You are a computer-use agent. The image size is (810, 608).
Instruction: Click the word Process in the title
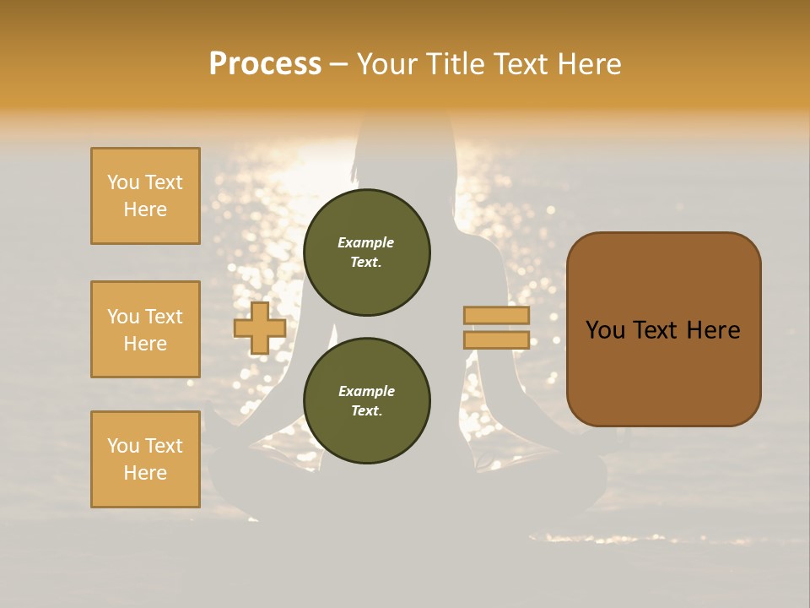[265, 64]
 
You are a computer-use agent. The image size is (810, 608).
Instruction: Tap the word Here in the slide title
[587, 64]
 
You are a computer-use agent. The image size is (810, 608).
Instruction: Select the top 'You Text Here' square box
[145, 196]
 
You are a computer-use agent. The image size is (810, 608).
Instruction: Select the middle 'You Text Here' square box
[145, 329]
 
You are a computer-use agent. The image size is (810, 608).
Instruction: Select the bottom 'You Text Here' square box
[145, 459]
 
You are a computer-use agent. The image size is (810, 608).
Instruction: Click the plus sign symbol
[260, 328]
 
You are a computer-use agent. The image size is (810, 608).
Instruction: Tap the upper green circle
[367, 252]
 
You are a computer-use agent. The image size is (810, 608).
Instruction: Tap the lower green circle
[367, 401]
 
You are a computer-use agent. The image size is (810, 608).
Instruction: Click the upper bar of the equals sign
[496, 316]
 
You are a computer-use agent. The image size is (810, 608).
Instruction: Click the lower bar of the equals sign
[496, 340]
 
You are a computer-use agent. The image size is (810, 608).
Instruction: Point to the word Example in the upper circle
[366, 242]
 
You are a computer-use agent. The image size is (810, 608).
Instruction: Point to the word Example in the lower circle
[366, 391]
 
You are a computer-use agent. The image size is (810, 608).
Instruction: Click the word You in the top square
[123, 182]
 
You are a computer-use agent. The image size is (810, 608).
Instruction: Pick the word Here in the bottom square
[145, 473]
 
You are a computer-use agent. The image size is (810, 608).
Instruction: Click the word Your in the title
[386, 64]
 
